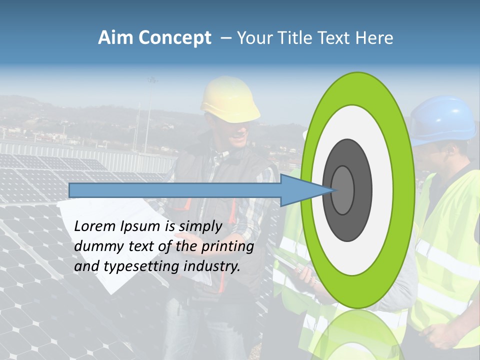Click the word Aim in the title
[115, 38]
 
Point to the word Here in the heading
[375, 38]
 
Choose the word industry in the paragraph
[212, 266]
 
